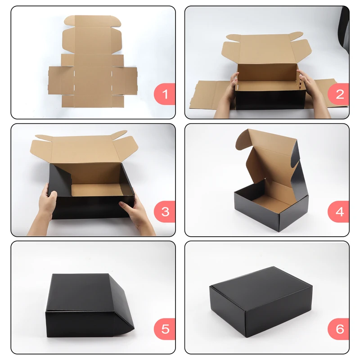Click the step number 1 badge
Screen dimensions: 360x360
coord(165,94)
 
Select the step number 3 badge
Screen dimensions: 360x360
coord(165,211)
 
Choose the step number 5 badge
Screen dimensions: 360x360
coord(165,329)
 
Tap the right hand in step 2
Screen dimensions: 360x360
coord(310,90)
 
